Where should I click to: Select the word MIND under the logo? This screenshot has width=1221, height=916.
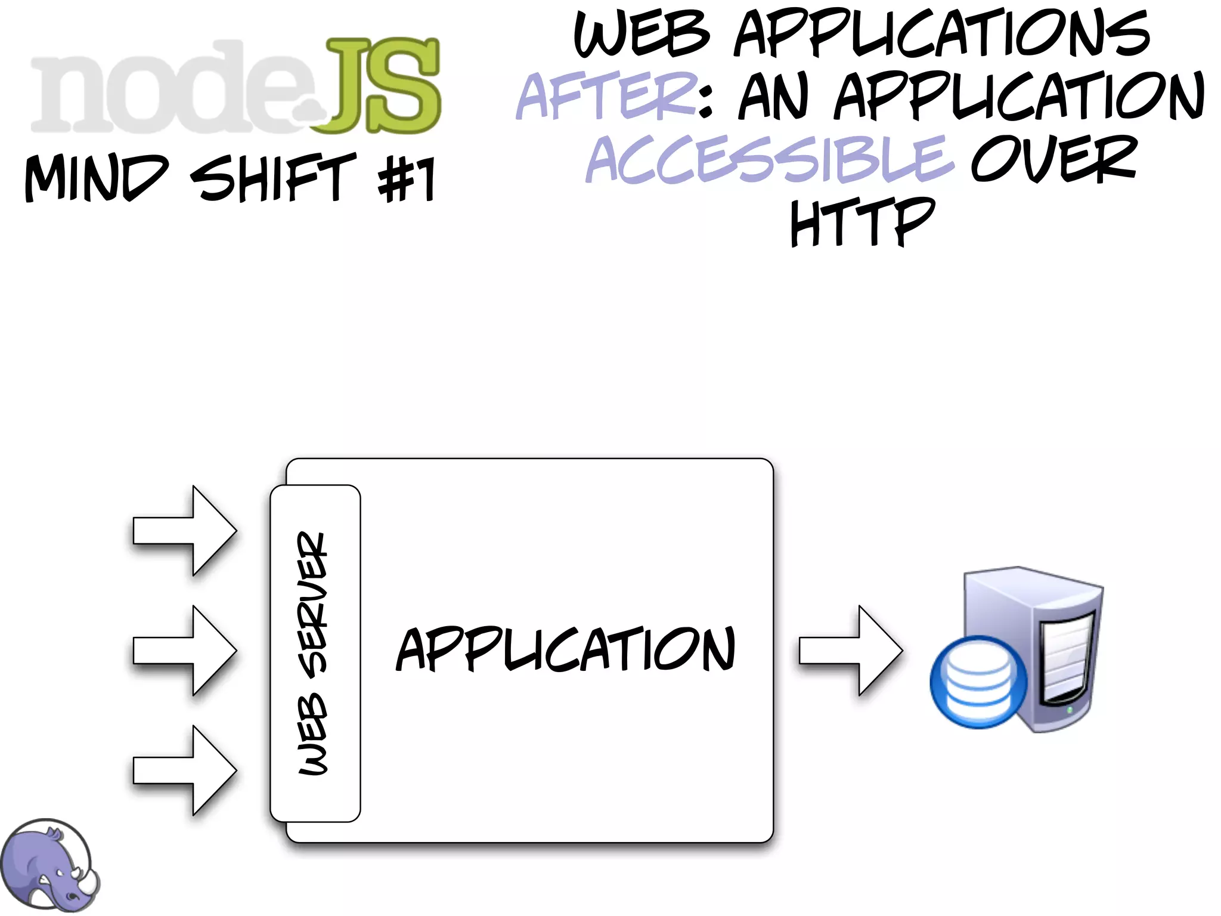tap(95, 177)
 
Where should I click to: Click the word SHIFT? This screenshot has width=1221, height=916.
tap(272, 177)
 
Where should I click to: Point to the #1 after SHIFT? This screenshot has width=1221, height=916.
tap(407, 179)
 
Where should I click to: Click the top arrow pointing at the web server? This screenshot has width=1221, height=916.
tap(185, 531)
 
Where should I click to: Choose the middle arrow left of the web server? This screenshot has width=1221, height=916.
tap(185, 651)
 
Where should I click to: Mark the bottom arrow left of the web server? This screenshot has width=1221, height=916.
tap(185, 770)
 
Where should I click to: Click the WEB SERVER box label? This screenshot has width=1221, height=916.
tap(314, 653)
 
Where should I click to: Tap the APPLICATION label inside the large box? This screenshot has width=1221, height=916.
tap(565, 650)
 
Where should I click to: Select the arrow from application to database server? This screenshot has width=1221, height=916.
tap(851, 651)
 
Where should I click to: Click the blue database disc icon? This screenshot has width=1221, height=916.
tap(978, 682)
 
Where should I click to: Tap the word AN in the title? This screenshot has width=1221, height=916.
tap(773, 95)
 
